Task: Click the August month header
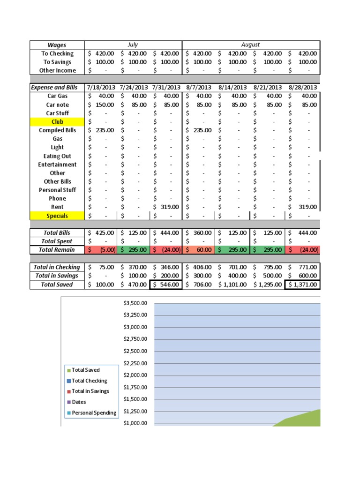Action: pos(251,45)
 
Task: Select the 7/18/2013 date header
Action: pos(102,88)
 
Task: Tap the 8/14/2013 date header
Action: pos(233,88)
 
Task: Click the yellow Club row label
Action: pos(57,122)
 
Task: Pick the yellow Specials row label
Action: pos(57,216)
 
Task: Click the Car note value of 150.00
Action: pos(102,105)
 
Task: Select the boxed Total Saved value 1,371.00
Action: pos(302,285)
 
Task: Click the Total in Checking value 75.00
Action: pos(102,267)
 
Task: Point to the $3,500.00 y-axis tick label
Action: pos(135,303)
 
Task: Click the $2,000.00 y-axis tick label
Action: pos(135,375)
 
